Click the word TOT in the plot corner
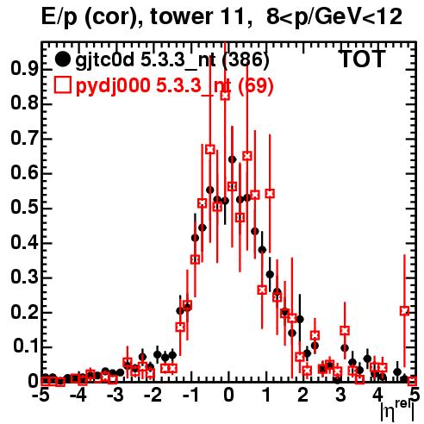362,59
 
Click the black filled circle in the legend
62,59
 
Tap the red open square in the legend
62,85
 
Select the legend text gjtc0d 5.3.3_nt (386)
172,60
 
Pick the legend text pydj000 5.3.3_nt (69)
174,85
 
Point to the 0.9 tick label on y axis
24,69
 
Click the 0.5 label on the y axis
24,208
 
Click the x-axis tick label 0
228,396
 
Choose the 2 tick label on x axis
302,396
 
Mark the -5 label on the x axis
41,396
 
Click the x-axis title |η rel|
397,412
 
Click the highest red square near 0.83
225,96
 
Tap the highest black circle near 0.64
232,159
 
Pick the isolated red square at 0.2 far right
404,310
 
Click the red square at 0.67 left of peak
210,149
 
